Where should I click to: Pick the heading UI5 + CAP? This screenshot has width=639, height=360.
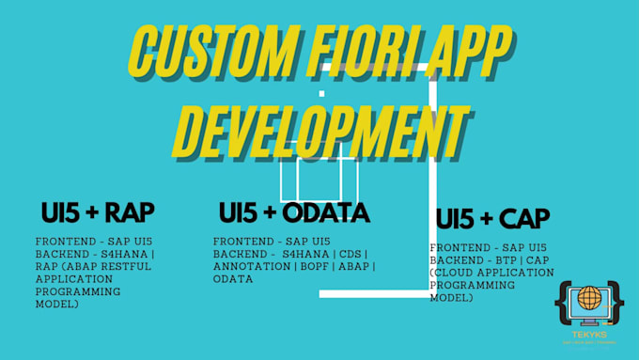(491, 218)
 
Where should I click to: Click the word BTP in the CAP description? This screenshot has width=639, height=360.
(511, 259)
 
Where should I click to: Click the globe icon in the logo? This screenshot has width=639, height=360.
(588, 299)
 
